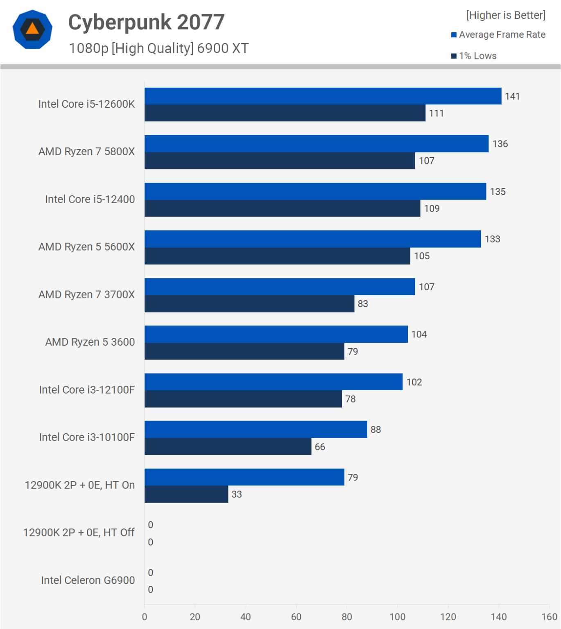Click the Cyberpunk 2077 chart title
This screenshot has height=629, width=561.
(146, 22)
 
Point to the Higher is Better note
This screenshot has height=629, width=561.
(506, 15)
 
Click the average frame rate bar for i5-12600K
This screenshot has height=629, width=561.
(323, 96)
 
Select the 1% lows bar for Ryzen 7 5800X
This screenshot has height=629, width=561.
(280, 161)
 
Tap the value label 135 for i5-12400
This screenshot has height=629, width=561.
(498, 192)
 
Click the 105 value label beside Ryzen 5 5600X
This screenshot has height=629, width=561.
(422, 256)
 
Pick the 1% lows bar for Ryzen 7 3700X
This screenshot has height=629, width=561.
(249, 304)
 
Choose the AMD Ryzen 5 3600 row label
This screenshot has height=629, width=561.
(90, 342)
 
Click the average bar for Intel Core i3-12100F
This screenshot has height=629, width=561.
(274, 382)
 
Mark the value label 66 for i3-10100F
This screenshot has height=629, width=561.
(320, 447)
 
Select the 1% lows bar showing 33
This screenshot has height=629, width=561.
(186, 494)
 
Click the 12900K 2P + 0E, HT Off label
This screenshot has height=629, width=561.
(79, 532)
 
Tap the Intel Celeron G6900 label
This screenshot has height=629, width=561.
(88, 580)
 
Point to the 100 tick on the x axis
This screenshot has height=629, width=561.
(397, 617)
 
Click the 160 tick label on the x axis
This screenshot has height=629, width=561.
(549, 617)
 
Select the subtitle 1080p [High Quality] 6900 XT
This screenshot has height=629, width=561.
(158, 48)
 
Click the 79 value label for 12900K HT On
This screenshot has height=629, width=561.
(353, 477)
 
